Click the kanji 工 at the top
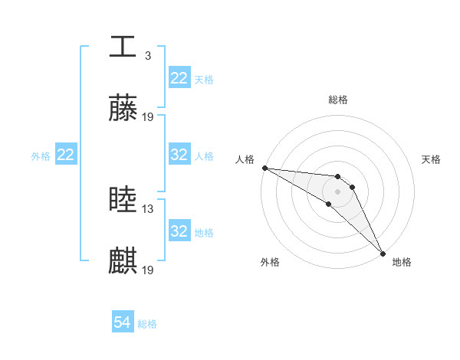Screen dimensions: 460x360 [x=123, y=47]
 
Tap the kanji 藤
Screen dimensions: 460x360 [x=123, y=108]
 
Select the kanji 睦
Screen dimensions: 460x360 [x=123, y=200]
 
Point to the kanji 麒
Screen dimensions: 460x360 [x=123, y=261]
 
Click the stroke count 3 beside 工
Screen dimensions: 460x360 [x=147, y=56]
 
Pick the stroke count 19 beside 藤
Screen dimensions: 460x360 [x=148, y=117]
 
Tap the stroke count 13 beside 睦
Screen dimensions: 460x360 [x=148, y=209]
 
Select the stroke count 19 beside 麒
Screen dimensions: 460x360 [x=148, y=270]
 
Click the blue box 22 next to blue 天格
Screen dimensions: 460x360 [x=179, y=78]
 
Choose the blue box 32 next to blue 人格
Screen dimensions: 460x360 [x=179, y=155]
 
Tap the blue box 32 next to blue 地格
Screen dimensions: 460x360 [x=179, y=231]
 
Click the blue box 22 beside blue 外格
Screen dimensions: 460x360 [x=65, y=155]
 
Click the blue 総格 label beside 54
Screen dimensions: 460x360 [x=148, y=324]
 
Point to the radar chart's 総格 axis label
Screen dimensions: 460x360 [x=338, y=100]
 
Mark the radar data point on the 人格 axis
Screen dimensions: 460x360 [x=264, y=168]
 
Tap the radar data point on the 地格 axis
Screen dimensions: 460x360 [x=383, y=253]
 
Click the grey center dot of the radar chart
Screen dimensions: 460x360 [x=338, y=191]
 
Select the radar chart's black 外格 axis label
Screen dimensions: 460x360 [x=270, y=262]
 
